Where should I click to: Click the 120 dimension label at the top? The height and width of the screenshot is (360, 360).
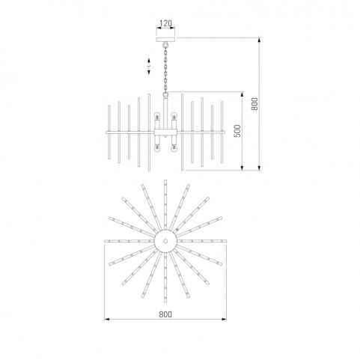click(165, 23)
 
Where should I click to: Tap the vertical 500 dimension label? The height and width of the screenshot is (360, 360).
click(238, 131)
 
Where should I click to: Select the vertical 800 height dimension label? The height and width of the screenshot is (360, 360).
click(254, 104)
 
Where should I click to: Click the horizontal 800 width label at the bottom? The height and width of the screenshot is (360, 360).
click(165, 314)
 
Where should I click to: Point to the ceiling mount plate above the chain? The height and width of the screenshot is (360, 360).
click(165, 40)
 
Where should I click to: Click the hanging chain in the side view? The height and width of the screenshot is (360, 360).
click(165, 70)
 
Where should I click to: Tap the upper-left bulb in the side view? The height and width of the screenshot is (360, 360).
click(157, 116)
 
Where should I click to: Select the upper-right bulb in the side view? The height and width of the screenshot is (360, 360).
click(174, 116)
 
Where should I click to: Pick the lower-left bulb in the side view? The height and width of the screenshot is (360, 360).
click(157, 149)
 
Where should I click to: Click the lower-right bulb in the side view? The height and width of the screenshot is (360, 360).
click(174, 149)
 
